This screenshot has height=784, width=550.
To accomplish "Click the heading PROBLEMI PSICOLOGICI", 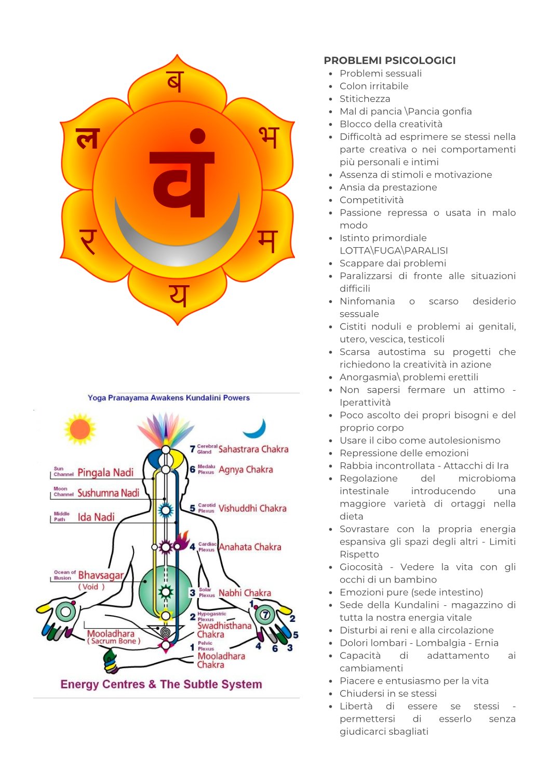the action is (x=390, y=60).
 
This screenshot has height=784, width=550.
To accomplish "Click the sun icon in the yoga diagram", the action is (x=80, y=429).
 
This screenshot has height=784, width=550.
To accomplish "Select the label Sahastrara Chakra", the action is (x=253, y=449).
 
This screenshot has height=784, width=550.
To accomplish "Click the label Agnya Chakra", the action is (x=246, y=470).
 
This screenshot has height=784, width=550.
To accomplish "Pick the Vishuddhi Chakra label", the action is (x=252, y=508).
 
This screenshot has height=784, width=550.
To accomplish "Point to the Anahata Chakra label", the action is (x=250, y=547).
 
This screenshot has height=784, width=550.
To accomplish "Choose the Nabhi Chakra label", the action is (x=245, y=593).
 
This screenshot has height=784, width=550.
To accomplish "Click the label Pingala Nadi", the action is (x=105, y=473).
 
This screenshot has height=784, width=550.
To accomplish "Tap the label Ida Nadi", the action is (x=96, y=517).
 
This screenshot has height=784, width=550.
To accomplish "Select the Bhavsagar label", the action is (x=101, y=575).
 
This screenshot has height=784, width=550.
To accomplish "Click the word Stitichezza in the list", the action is (x=365, y=99).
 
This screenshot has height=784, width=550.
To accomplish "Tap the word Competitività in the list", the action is (x=371, y=200).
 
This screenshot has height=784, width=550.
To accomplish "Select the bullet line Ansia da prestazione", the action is (x=388, y=187).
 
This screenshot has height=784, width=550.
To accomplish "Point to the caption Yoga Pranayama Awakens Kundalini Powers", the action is (x=169, y=398).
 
